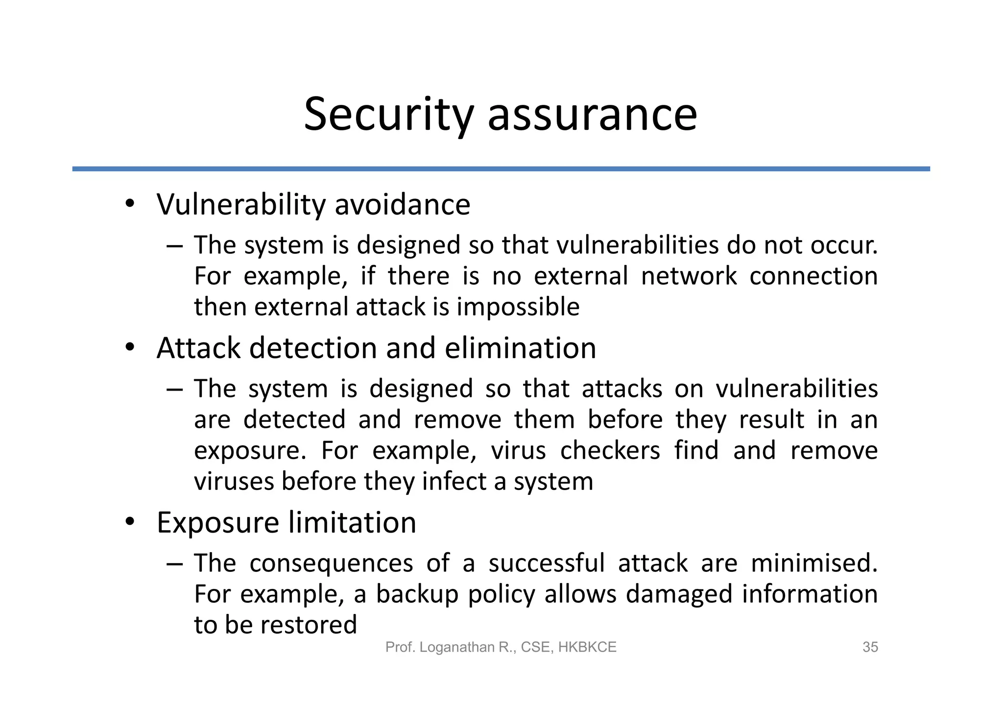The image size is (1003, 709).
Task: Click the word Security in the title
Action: [x=388, y=115]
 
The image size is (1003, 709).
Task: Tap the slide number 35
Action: [x=870, y=647]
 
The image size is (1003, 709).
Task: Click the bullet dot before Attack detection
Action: [x=129, y=347]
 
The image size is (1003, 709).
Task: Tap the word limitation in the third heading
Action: [x=352, y=522]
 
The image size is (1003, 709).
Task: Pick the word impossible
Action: [x=518, y=308]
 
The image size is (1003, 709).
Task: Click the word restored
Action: [x=309, y=625]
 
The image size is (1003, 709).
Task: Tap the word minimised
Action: [x=813, y=563]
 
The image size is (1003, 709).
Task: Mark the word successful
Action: [x=547, y=563]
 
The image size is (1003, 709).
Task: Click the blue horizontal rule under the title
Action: [x=501, y=169]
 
